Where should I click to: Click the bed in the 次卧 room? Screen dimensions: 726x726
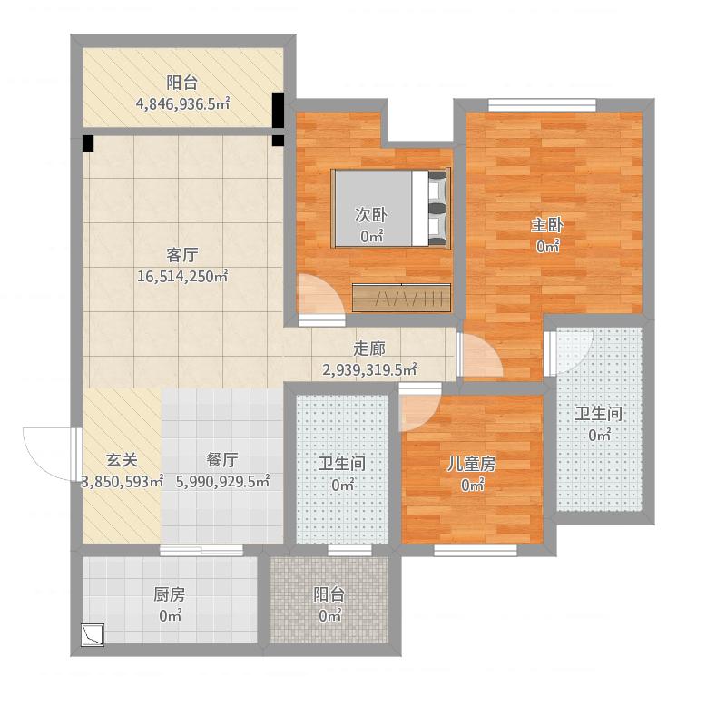[391, 208]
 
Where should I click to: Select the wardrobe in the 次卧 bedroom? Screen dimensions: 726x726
[401, 298]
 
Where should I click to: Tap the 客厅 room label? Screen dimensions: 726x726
[182, 254]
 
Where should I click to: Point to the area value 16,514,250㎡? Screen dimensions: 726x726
[182, 277]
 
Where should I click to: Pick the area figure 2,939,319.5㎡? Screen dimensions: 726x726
[369, 369]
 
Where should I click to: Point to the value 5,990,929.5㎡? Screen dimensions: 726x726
[222, 482]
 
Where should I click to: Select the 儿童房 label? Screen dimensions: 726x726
[472, 463]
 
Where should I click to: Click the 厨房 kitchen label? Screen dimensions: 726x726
[170, 595]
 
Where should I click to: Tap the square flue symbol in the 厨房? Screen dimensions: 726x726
[93, 634]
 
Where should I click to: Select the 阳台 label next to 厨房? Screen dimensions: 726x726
[329, 595]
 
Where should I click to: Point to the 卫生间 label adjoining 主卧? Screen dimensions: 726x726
[599, 414]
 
